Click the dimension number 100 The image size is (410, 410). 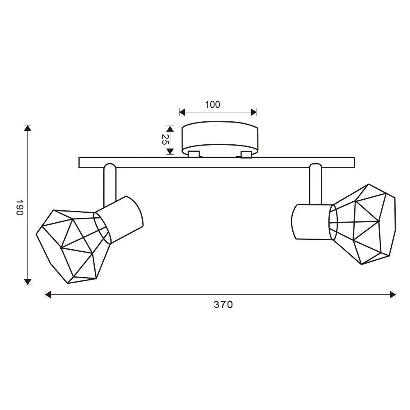[x=212, y=105]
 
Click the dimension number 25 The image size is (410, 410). [x=165, y=140]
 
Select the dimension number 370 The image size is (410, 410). [x=223, y=305]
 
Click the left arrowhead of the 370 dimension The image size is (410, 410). [x=48, y=294]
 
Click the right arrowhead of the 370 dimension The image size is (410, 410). [x=393, y=294]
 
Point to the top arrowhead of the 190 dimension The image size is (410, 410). [x=27, y=128]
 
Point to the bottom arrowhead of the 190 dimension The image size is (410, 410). [x=27, y=282]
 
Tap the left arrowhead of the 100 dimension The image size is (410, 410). [x=182, y=112]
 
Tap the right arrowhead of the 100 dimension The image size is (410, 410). [x=254, y=112]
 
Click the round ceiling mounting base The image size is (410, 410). [x=220, y=137]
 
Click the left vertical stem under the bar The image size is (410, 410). [x=110, y=184]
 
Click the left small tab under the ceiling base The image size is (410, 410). [x=194, y=154]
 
